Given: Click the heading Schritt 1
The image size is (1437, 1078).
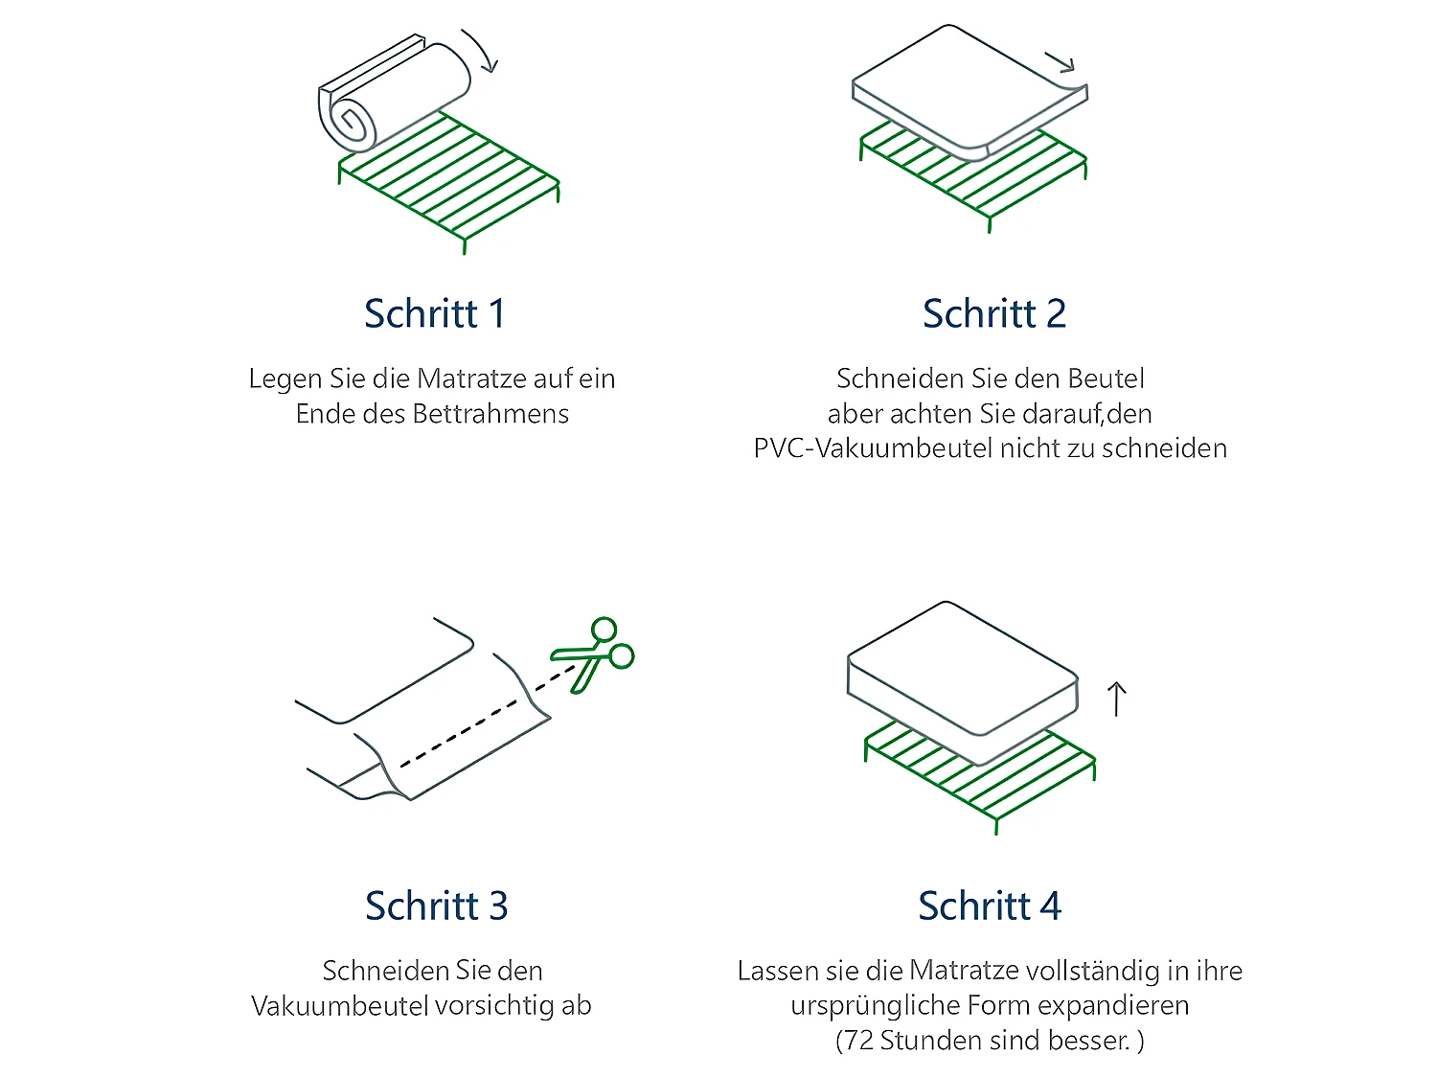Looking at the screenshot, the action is (x=433, y=313).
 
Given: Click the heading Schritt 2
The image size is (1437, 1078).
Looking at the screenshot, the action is (x=993, y=313).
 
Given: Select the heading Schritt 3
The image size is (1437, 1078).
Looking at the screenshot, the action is (x=436, y=906).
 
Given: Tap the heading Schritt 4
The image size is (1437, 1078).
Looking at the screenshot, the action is (x=990, y=906).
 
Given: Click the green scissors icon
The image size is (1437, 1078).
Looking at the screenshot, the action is (x=592, y=654).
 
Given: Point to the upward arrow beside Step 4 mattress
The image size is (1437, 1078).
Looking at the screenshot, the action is (x=1116, y=699).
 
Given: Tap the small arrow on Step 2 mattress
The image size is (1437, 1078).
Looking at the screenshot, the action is (x=1060, y=62).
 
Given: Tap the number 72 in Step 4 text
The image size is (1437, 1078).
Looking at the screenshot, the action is (x=858, y=1041).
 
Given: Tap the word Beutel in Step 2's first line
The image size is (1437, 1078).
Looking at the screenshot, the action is (x=1106, y=378).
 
